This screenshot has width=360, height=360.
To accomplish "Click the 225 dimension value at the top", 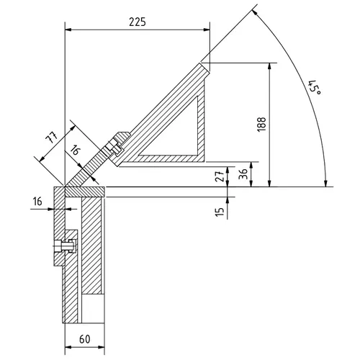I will pyautogui.click(x=137, y=22).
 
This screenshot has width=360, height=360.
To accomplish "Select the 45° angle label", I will pyautogui.click(x=313, y=88).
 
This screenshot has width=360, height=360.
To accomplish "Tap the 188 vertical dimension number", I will pyautogui.click(x=260, y=124).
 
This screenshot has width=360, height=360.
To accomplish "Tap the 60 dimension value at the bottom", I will pyautogui.click(x=85, y=338).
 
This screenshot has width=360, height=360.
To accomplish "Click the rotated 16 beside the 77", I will pyautogui.click(x=76, y=151).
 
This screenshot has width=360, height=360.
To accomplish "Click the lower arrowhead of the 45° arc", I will pyautogui.click(x=325, y=184).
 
